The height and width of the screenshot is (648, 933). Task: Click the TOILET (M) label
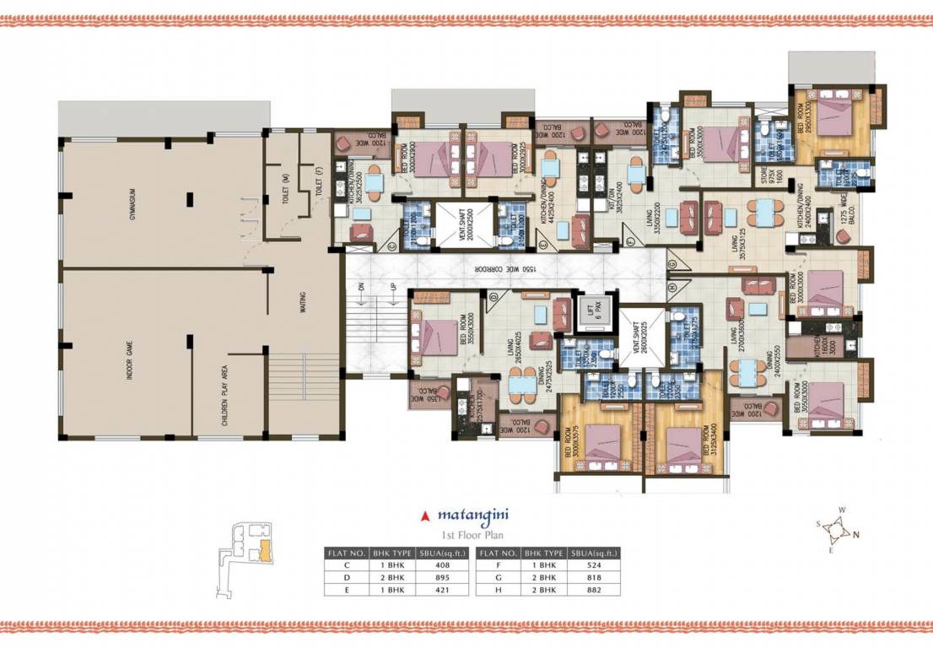287,181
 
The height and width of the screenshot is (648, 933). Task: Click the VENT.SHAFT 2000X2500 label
456,223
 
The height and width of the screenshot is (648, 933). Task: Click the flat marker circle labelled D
493,295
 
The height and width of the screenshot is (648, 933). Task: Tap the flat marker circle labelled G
671,263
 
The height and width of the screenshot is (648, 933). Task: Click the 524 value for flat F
595,564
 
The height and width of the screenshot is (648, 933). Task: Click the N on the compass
857,533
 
